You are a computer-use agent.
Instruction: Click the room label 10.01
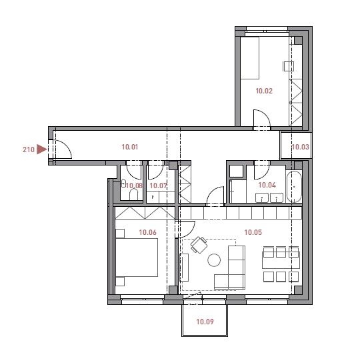point(130,147)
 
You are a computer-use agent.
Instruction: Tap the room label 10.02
point(264,91)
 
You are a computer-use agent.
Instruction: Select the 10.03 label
point(300,147)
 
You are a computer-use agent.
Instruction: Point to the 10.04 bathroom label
point(267,185)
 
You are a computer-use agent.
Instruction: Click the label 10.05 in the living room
point(253,232)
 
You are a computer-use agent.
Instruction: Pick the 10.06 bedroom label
point(148,232)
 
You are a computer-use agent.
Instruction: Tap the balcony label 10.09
point(205,322)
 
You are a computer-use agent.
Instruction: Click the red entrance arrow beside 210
point(41,149)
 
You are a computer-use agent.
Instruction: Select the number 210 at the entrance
point(29,149)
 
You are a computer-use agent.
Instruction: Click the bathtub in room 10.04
point(294,187)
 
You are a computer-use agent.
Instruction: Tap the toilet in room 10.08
point(133,195)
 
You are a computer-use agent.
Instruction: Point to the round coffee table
point(214,260)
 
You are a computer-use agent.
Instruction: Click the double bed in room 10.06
point(137,258)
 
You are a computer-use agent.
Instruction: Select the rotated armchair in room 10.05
point(199,245)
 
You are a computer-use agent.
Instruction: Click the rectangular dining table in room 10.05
point(281,260)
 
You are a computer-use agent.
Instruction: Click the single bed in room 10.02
point(250,58)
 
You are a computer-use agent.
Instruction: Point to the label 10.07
point(158,186)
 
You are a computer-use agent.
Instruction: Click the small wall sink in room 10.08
point(123,184)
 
